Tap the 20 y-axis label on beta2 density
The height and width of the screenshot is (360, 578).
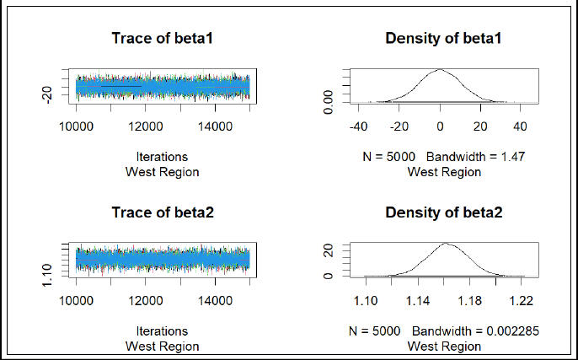331,250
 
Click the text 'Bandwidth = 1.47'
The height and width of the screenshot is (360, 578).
475,158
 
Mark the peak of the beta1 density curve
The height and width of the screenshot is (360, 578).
440,70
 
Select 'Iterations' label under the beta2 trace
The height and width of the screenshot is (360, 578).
162,331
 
